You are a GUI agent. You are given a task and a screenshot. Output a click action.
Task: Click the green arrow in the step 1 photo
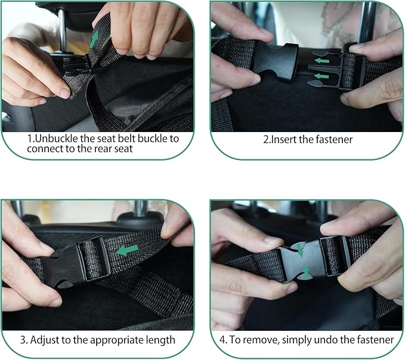pos(94,40)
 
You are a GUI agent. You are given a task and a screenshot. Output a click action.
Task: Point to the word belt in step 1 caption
pos(125,138)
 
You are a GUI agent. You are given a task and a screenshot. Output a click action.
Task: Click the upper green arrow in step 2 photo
pos(323,60)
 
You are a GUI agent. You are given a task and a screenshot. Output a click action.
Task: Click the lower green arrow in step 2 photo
pos(323,76)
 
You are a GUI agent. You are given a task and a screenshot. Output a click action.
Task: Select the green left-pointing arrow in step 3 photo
pos(127,249)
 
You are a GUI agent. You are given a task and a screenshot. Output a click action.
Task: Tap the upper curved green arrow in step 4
pos(301,249)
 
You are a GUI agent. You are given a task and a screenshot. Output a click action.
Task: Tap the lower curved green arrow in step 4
pos(306,272)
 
